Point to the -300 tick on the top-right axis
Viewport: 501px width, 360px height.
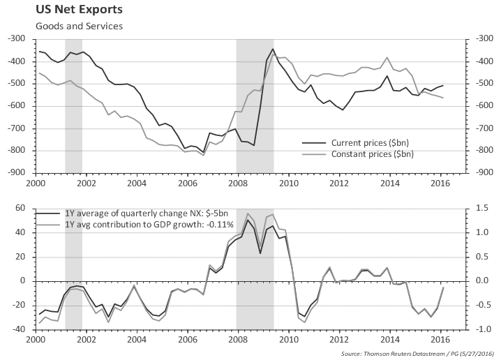[x=484, y=40]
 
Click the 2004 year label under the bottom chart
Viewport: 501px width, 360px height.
[x=137, y=340]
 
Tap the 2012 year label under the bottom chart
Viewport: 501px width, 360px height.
[x=339, y=340]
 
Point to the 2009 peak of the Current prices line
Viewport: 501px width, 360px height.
[x=272, y=49]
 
